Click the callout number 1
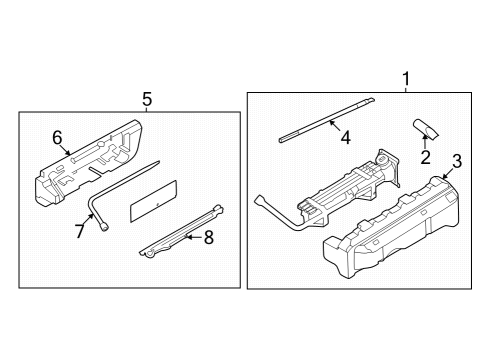point(405,78)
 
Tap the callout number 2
point(425,156)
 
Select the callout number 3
point(456,161)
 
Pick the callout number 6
point(57,137)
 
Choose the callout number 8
point(209,238)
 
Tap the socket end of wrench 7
point(105,226)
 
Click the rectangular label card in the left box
point(154,200)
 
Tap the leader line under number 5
point(147,109)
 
